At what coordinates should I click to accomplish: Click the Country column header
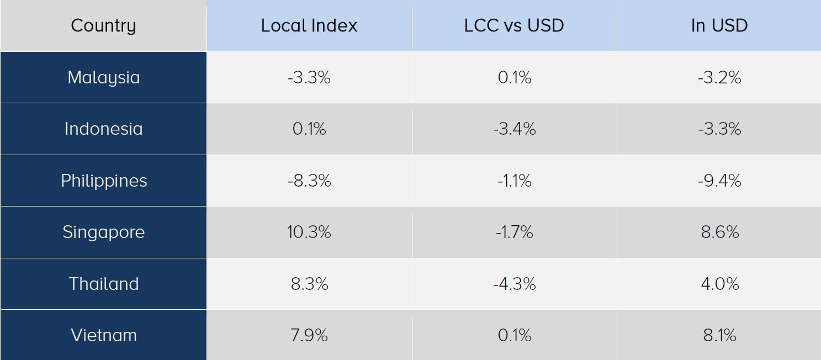(x=103, y=26)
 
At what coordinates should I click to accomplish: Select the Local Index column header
(x=309, y=25)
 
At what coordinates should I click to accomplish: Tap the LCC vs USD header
(x=514, y=25)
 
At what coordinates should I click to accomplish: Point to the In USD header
(x=719, y=25)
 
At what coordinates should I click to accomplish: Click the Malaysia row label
(x=104, y=78)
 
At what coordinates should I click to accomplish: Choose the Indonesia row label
(x=104, y=129)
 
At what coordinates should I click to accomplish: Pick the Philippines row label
(x=104, y=181)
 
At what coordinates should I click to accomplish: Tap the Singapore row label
(x=104, y=232)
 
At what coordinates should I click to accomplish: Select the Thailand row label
(x=104, y=284)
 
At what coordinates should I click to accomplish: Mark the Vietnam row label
(x=104, y=335)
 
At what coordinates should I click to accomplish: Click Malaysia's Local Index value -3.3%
(x=309, y=77)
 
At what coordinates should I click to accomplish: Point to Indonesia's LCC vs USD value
(x=514, y=129)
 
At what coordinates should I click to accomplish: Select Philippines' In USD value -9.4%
(x=719, y=181)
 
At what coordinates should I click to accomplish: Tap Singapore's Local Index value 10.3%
(x=309, y=232)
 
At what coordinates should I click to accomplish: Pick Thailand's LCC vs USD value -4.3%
(x=514, y=284)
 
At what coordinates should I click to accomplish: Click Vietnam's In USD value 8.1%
(x=719, y=335)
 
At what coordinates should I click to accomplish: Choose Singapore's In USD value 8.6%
(x=720, y=232)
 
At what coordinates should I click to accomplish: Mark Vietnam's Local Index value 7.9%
(x=309, y=335)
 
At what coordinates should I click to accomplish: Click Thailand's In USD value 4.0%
(x=720, y=284)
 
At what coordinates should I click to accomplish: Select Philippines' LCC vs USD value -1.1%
(x=514, y=181)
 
